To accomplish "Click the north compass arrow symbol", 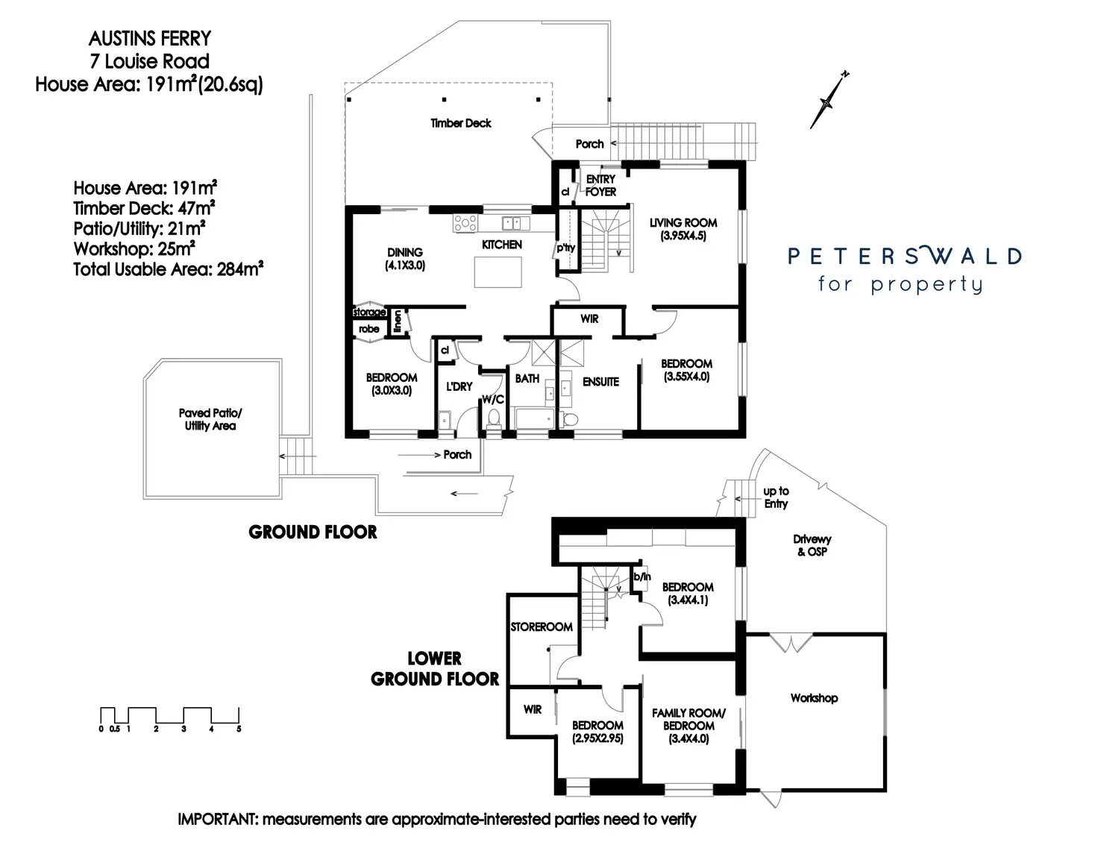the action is pos(828,101).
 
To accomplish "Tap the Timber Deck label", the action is pos(461,123).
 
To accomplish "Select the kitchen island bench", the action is pos(499,272).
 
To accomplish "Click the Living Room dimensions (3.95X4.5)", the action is pos(683,236).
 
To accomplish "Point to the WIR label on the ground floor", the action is pos(589,318).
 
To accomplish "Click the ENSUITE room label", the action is pos(600,382).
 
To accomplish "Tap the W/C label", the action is pos(493,400).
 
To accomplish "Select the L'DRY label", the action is pos(459,386).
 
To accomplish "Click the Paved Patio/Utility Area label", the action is pos(210,419).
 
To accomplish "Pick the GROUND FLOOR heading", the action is pos(313,532).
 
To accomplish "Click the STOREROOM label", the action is pos(542,627).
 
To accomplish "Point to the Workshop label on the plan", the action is pos(814,698).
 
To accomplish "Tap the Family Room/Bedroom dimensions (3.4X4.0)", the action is pos(688,739).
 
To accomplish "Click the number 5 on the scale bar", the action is pos(239,729).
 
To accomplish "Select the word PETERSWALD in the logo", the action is pos(904,257).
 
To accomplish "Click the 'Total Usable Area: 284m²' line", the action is pos(168,269).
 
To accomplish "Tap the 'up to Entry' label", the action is pos(776,497).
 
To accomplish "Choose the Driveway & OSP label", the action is pos(812,545).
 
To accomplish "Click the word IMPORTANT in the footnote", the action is pos(216,819).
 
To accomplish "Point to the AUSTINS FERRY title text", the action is pos(150,38).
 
